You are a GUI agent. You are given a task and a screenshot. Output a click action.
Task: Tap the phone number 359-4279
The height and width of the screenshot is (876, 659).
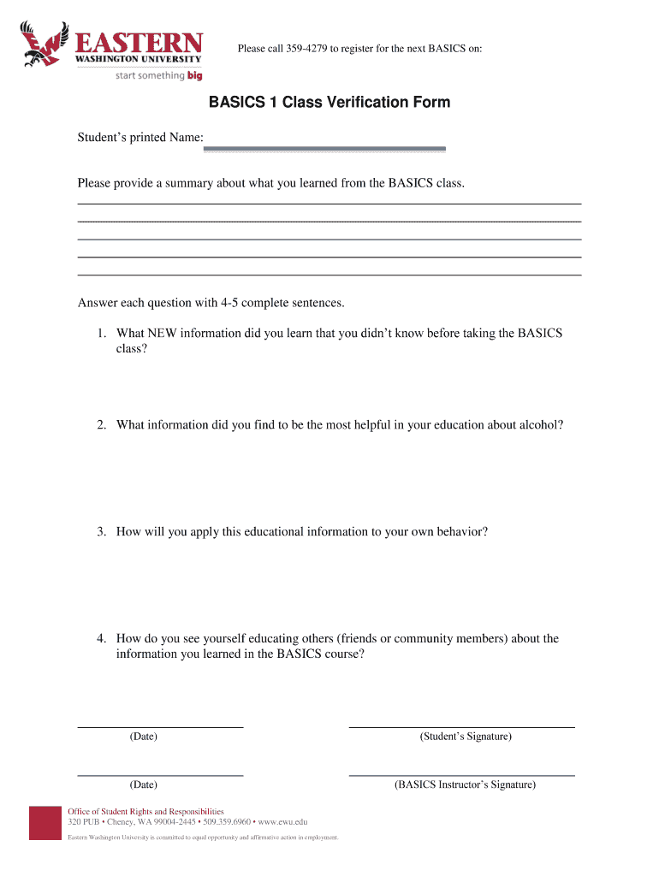[306, 48]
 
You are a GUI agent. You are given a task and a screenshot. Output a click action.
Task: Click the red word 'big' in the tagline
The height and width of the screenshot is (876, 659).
[194, 76]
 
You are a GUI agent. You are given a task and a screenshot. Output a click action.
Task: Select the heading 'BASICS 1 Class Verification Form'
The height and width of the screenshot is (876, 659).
[329, 103]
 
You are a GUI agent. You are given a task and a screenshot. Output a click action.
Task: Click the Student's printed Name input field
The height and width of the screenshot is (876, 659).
[324, 148]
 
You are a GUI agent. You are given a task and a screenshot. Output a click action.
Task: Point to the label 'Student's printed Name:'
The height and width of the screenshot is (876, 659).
[140, 137]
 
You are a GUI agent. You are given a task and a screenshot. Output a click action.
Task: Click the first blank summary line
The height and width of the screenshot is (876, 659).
[329, 203]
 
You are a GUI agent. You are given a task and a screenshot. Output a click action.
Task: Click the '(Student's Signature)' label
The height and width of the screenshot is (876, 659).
[466, 737]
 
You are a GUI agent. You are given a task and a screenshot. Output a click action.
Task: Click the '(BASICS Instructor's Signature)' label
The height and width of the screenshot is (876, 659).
[465, 784]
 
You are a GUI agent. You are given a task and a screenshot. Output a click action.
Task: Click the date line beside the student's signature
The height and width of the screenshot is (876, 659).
[160, 726]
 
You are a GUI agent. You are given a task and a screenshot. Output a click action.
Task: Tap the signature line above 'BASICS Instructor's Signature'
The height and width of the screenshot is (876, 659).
[461, 774]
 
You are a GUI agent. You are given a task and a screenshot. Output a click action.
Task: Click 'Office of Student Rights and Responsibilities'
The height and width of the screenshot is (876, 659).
[145, 811]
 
